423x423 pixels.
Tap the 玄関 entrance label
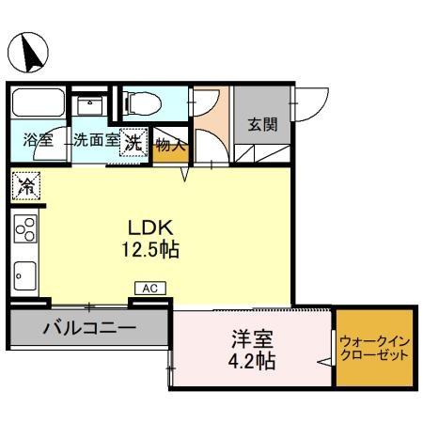262,125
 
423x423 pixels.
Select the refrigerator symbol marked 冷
26,186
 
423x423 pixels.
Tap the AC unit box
149,289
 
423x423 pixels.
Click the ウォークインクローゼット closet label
374,349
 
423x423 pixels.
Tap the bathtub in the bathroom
39,103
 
